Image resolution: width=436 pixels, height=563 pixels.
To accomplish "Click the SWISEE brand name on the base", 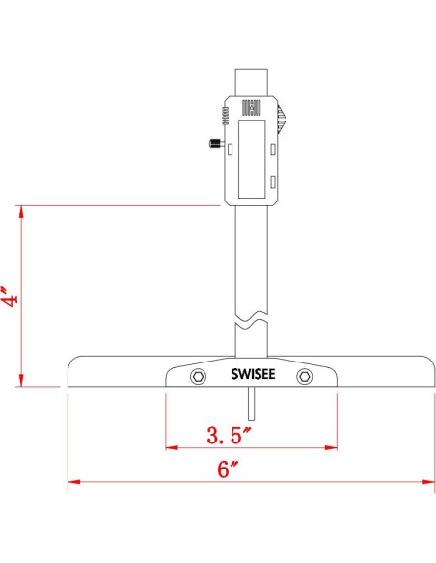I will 251,375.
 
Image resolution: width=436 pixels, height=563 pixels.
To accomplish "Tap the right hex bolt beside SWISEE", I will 305,375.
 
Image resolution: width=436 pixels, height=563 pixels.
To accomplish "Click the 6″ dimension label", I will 228,470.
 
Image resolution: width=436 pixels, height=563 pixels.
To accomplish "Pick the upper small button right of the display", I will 274,147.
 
